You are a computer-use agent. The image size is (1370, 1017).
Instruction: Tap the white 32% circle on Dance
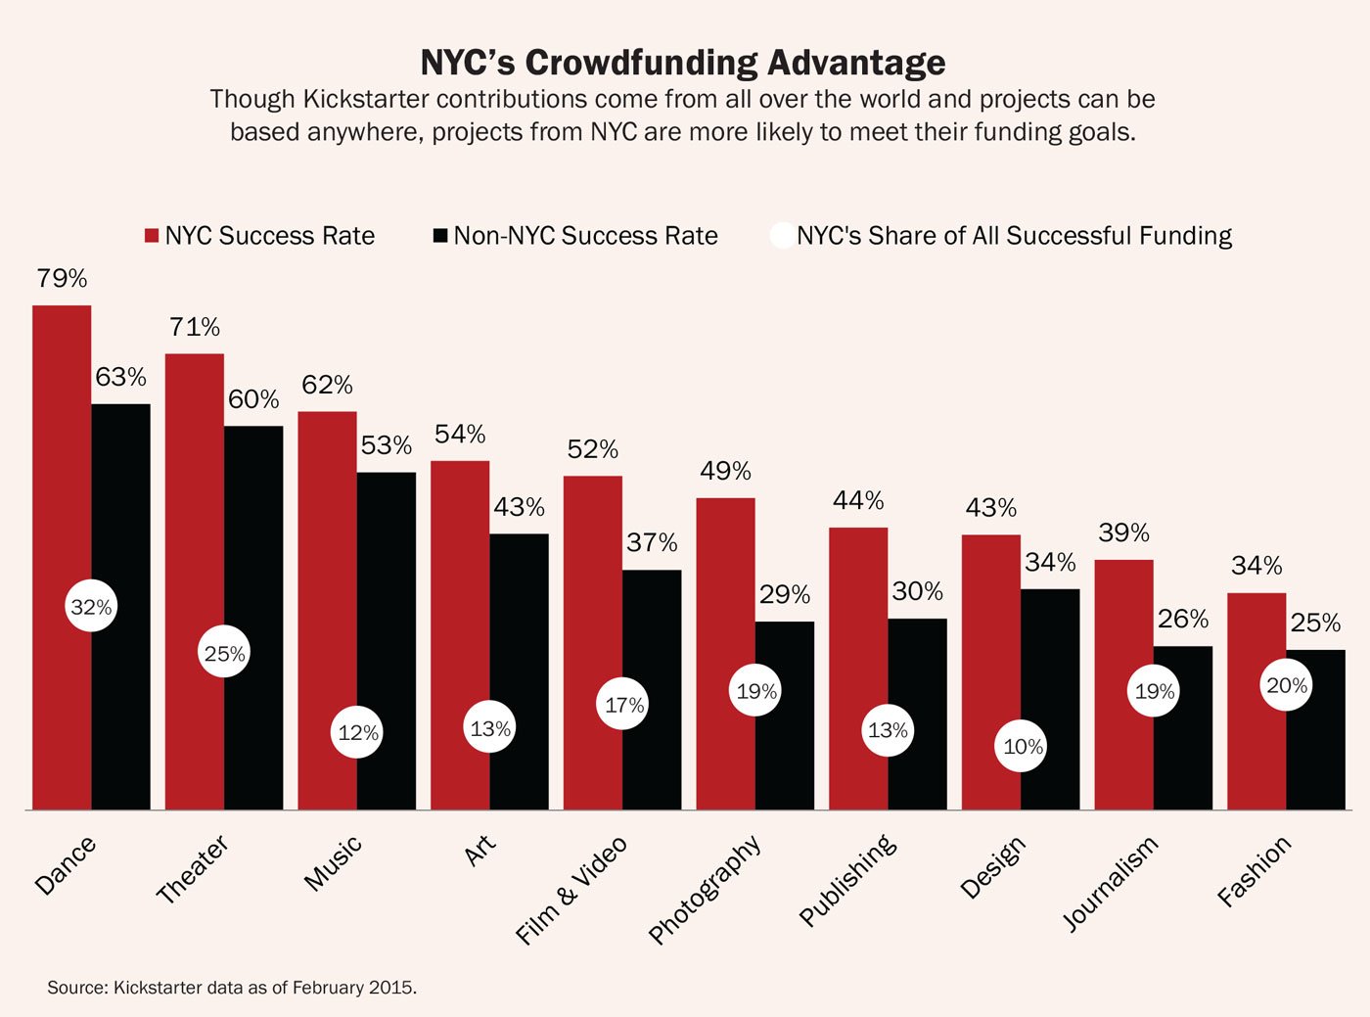pos(91,607)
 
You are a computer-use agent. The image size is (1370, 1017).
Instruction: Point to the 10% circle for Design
pos(1023,747)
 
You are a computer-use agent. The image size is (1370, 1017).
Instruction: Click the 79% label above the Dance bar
pos(62,279)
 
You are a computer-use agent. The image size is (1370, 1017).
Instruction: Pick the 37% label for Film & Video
pos(652,542)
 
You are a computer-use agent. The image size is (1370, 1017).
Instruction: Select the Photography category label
pos(705,889)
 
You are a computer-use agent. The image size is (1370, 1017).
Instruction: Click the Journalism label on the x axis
pos(1111,883)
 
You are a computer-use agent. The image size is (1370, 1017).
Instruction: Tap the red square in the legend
pos(152,236)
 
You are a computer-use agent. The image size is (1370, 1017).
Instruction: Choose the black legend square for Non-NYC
pos(440,236)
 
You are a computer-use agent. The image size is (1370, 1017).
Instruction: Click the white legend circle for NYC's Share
pos(782,236)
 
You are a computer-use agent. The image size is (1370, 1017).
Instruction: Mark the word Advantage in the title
pos(856,63)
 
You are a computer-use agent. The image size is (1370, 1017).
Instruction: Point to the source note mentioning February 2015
pos(232,988)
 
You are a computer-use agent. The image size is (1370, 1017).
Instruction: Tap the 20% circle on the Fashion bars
pos(1286,686)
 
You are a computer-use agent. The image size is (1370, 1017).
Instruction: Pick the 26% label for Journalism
pos(1182,619)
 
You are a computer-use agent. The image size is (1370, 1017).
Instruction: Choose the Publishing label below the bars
pos(847,880)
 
